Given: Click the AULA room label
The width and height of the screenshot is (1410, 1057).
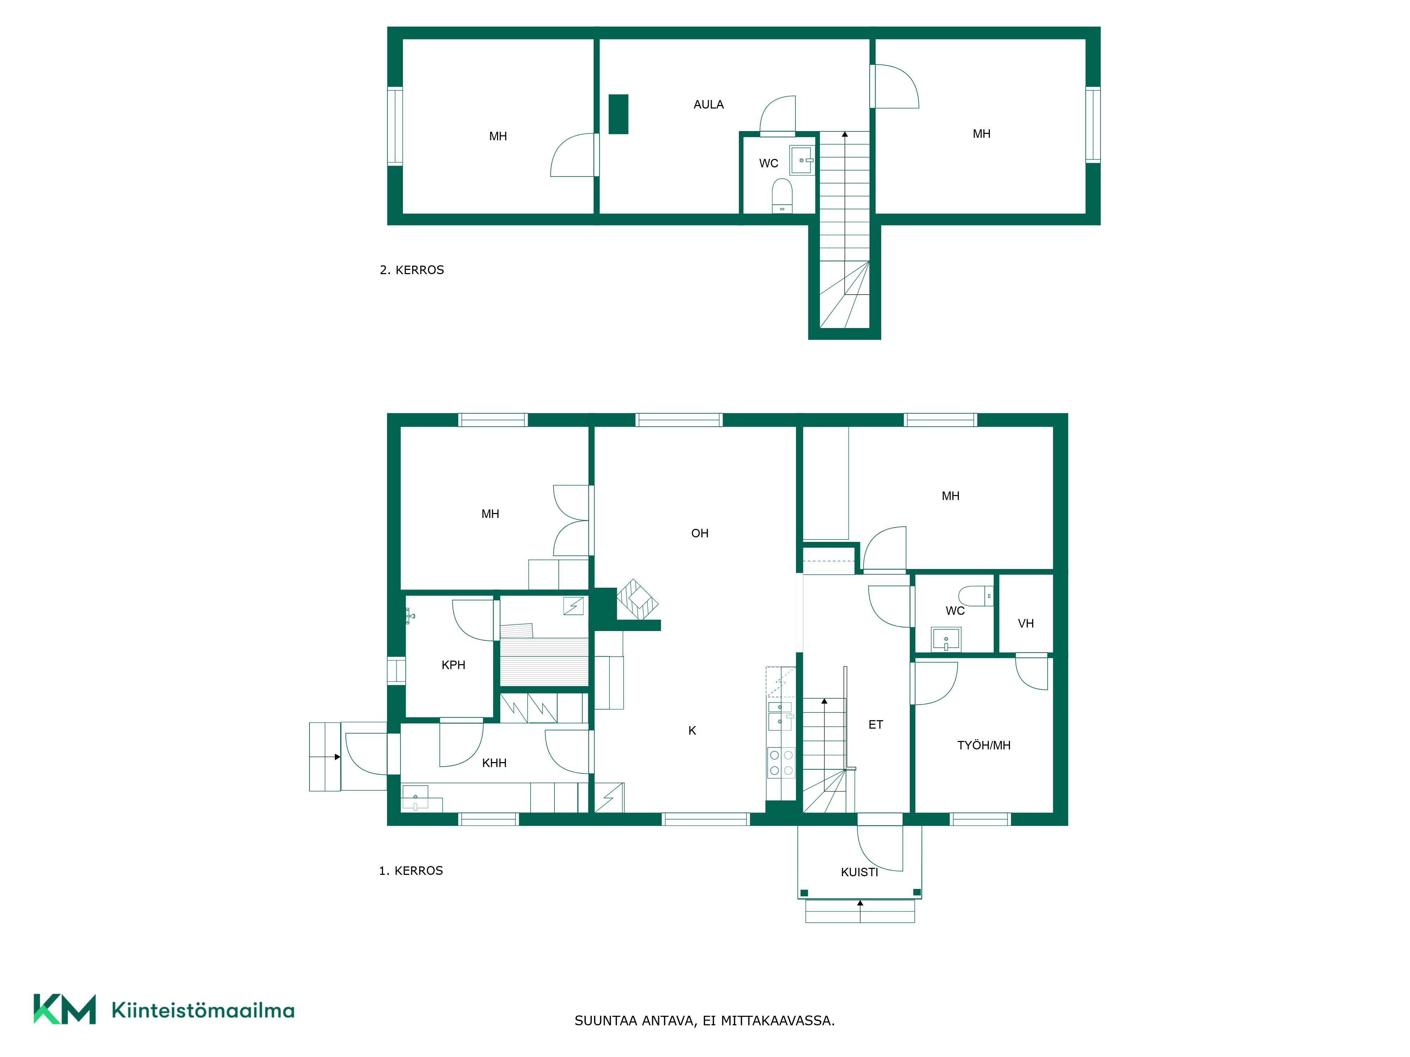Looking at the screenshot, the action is (x=708, y=105).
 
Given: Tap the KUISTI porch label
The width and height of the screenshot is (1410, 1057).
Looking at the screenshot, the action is (x=859, y=872).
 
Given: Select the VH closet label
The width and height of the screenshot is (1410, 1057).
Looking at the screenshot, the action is (x=1026, y=624).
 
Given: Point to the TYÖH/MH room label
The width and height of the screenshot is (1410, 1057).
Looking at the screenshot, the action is (x=983, y=745).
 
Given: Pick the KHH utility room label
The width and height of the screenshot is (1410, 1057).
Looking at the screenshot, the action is (x=494, y=763).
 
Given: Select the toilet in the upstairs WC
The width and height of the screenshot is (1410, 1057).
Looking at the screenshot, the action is (x=782, y=195).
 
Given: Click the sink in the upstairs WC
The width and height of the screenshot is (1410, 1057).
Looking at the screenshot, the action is (x=802, y=160).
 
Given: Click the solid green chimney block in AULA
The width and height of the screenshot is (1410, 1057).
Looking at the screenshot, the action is (x=618, y=114).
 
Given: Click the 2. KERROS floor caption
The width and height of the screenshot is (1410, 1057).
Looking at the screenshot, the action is (x=412, y=270).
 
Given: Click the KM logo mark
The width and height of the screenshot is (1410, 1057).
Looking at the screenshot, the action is (x=65, y=1009).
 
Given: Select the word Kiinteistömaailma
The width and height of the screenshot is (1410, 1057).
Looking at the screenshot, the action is (x=203, y=1010).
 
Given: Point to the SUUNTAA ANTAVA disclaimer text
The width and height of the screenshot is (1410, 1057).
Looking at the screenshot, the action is (x=704, y=1021).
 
